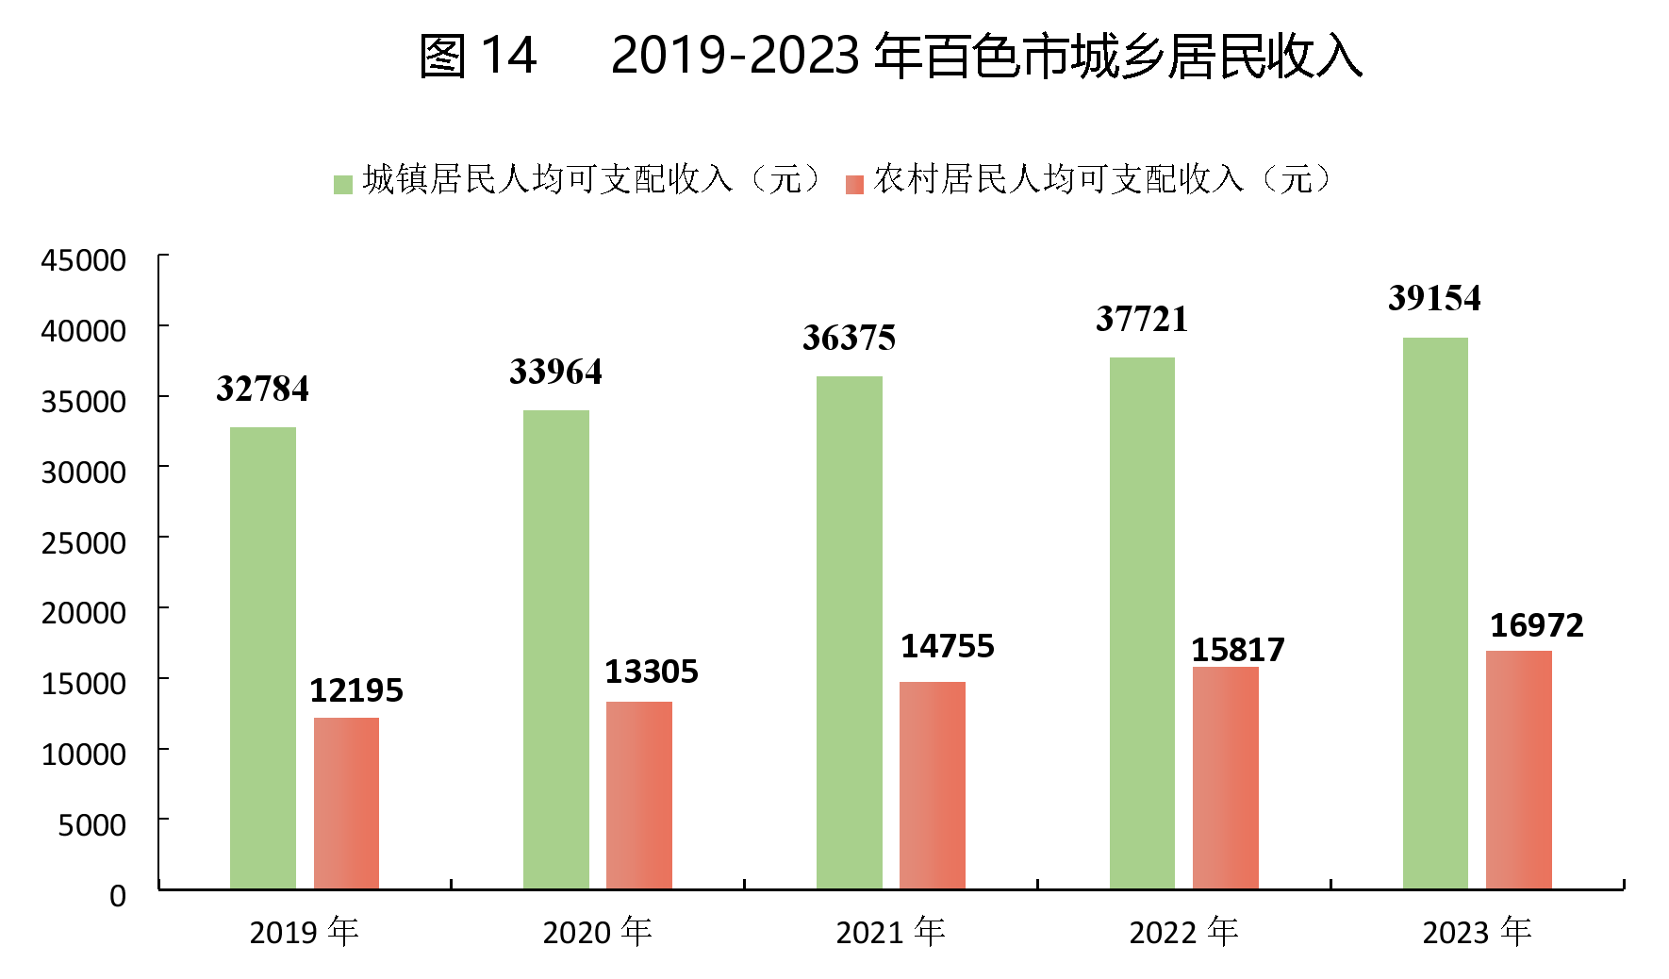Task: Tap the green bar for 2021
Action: pos(849,632)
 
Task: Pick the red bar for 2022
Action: pos(1225,777)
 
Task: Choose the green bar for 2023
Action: pos(1435,613)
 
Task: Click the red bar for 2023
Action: pos(1518,770)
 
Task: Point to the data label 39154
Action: pos(1434,299)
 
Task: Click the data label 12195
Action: pos(356,690)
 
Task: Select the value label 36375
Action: pos(849,339)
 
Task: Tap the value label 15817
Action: pos(1237,650)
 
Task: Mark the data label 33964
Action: pos(555,373)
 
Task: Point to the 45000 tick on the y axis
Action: pos(83,260)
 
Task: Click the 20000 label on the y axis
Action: pos(83,613)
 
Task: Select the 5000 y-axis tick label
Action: pos(91,825)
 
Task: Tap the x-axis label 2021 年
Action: pos(890,932)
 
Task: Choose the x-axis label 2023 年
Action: pos(1477,932)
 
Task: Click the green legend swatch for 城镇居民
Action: pos(343,184)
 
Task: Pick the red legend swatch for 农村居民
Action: pos(855,184)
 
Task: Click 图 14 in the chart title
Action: pos(477,56)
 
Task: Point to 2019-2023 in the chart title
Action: pos(735,56)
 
